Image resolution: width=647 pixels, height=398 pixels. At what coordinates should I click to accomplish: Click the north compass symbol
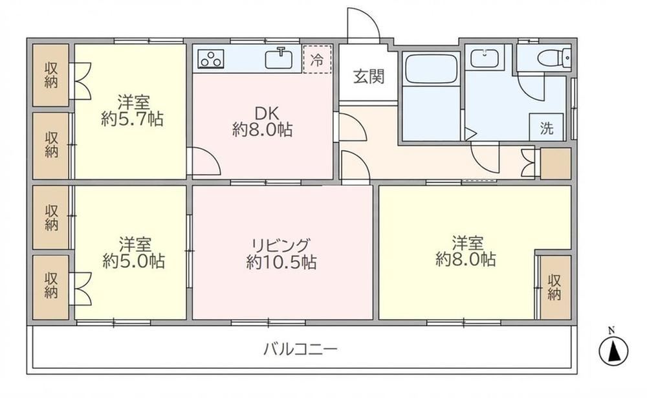(x=613, y=351)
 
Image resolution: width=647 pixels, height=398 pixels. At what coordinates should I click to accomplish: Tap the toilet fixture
(x=554, y=57)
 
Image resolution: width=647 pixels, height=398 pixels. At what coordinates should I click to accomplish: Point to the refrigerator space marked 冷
(x=317, y=60)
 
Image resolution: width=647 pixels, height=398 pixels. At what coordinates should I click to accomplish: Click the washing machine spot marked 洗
(x=547, y=127)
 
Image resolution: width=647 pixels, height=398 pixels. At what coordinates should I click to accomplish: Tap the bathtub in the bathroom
(x=431, y=68)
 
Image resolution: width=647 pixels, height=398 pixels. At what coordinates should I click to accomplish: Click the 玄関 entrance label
(x=369, y=76)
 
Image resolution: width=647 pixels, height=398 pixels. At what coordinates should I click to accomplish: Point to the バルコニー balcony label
(x=301, y=349)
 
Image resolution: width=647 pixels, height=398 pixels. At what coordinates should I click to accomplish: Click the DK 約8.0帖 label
(x=263, y=122)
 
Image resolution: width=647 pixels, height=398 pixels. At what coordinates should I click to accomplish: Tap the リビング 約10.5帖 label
(x=281, y=254)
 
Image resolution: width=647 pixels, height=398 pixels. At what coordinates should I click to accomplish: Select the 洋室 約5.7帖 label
(x=133, y=111)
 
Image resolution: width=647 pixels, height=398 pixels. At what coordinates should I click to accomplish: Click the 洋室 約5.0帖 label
(x=133, y=252)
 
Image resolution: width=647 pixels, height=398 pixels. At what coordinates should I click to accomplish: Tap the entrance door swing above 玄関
(x=363, y=24)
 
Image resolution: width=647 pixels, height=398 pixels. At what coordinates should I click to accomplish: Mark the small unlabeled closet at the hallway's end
(x=556, y=164)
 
